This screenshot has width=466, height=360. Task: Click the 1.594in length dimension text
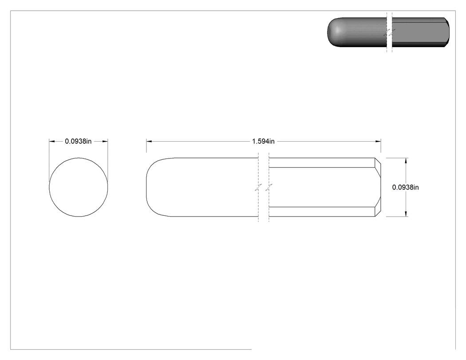(263, 141)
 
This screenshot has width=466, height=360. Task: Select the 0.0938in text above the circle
(78, 141)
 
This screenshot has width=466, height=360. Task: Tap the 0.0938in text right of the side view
(405, 187)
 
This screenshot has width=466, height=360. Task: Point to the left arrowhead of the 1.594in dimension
(149, 141)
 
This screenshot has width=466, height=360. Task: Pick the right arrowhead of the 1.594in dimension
(378, 141)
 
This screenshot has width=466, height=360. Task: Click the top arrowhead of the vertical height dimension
(406, 161)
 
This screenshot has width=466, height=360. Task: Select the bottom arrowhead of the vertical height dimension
(406, 214)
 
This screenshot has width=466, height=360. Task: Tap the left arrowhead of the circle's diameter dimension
(52, 141)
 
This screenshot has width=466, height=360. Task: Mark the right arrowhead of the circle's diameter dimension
(105, 141)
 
